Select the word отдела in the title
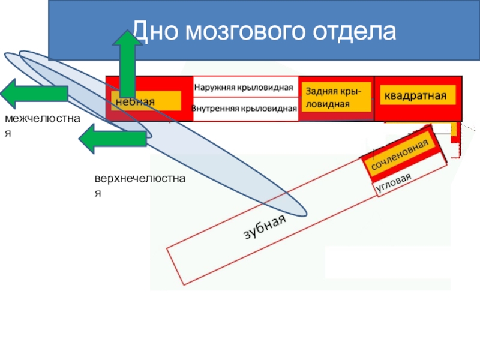coord(355,31)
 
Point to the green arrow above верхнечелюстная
coord(113,139)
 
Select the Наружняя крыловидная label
coord(246,87)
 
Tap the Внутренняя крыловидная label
coord(245,109)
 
